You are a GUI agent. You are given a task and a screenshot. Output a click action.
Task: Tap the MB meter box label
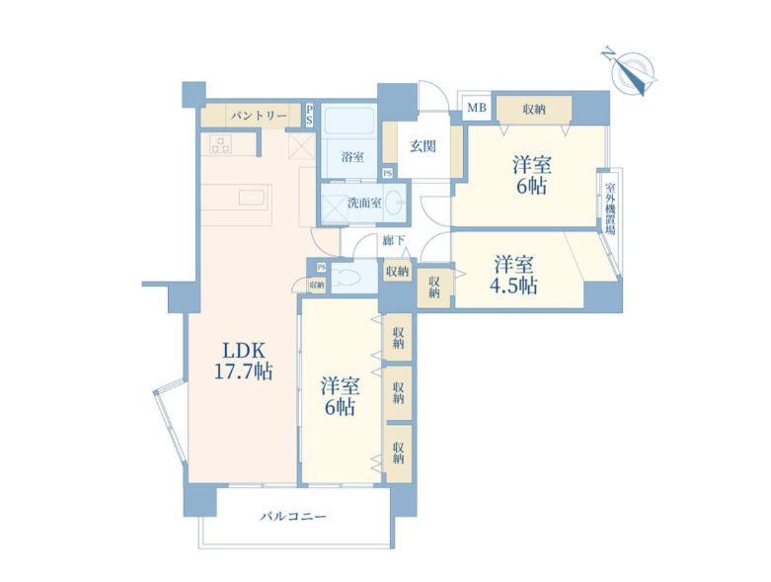coord(477,108)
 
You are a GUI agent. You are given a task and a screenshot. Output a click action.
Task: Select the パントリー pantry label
coord(259,116)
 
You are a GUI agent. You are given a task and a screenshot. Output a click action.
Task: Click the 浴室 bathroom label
coord(352,157)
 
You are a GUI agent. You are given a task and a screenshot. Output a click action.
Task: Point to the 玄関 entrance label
coord(423,146)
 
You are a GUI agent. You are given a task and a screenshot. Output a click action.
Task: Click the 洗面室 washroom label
coord(364,203)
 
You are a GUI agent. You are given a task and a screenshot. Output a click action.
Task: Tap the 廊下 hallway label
coord(393,240)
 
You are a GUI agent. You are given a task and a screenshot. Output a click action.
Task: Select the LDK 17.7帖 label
coord(244,361)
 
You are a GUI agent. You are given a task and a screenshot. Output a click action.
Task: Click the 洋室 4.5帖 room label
coord(513,275)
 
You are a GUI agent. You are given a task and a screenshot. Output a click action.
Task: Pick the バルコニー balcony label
coord(293,517)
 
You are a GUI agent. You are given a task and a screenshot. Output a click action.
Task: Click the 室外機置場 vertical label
coord(610,209)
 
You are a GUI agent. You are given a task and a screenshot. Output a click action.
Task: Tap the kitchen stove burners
coord(220,144)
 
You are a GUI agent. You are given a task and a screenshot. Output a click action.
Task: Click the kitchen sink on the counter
coord(253,198)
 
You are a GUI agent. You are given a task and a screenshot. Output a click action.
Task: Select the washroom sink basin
coord(396,204)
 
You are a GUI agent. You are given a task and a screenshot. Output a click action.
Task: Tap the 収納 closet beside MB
coord(534,110)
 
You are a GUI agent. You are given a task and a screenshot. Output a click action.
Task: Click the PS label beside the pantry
coord(309,115)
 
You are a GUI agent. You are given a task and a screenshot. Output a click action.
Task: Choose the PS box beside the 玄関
coord(387,173)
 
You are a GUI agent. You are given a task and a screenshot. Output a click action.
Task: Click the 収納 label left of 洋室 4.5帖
coord(433,287)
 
